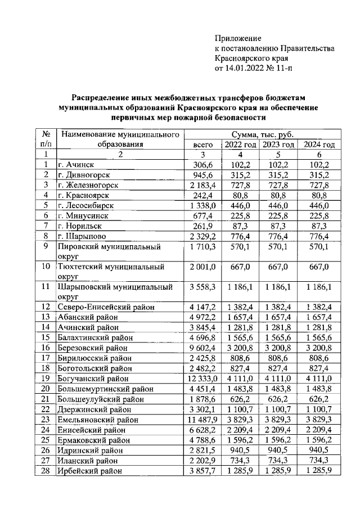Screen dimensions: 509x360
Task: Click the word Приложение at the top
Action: [x=238, y=38]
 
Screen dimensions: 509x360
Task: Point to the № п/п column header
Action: [x=46, y=139]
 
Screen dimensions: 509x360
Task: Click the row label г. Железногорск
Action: [x=88, y=185]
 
